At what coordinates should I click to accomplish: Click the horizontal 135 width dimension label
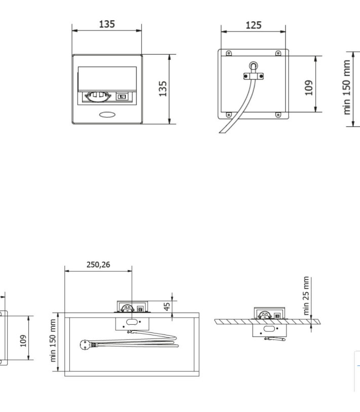[107, 24]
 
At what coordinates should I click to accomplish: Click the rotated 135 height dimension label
[163, 89]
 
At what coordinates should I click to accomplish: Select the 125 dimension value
[254, 25]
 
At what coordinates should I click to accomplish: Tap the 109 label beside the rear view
[309, 87]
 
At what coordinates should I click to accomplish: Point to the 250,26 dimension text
[98, 264]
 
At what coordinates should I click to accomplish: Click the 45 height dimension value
[167, 306]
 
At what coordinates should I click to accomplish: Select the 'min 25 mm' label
[306, 296]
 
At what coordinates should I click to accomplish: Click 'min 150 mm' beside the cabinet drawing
[53, 340]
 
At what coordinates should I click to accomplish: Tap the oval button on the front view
[107, 115]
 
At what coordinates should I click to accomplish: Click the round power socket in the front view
[98, 96]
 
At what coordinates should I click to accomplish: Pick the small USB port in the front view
[122, 97]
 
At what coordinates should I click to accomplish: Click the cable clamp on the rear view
[254, 76]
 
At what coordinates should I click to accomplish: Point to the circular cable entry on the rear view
[254, 65]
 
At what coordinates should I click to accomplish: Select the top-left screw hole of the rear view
[229, 53]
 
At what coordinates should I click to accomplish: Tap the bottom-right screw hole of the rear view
[278, 115]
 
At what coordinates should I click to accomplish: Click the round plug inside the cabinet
[85, 344]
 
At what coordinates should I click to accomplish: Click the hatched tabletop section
[268, 322]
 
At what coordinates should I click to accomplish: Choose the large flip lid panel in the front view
[107, 79]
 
